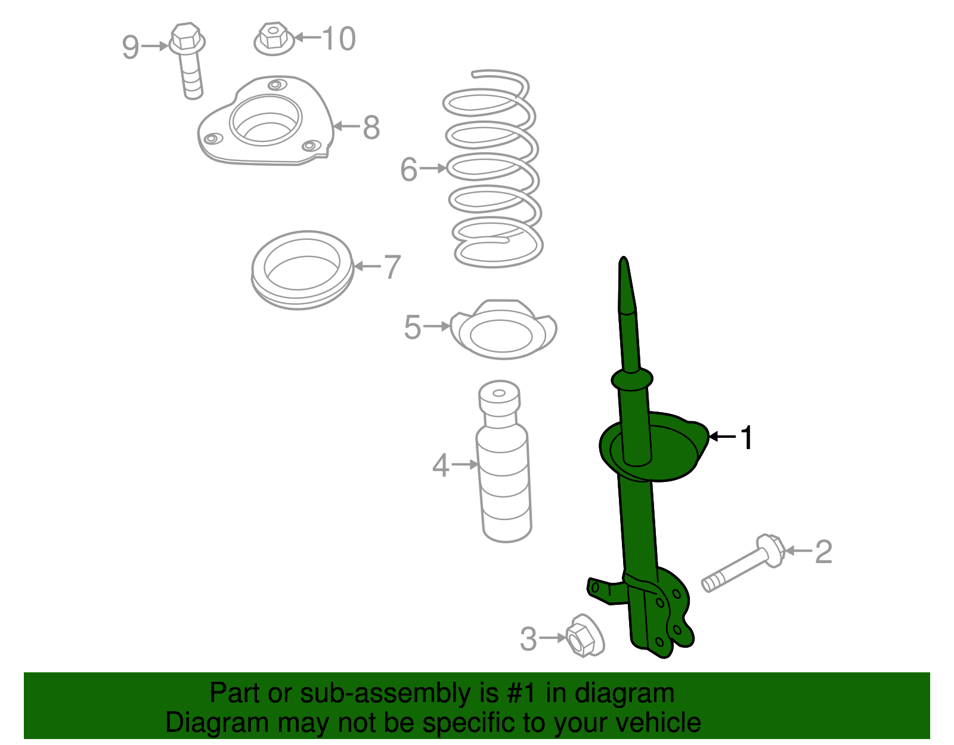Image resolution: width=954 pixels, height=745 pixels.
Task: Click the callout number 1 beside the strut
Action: [x=747, y=438]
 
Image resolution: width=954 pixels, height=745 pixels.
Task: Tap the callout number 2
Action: [x=823, y=552]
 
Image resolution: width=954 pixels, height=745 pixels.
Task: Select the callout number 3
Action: [x=528, y=639]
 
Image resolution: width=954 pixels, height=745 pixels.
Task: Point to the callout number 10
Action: [x=339, y=39]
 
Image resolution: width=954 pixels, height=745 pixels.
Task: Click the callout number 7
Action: [x=392, y=267]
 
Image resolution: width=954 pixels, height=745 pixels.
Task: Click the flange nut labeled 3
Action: [x=583, y=636]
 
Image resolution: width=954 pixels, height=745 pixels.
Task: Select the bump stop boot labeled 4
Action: [x=504, y=471]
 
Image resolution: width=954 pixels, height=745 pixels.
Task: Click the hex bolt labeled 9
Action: [x=189, y=60]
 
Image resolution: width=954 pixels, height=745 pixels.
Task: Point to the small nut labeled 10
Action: [x=274, y=38]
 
